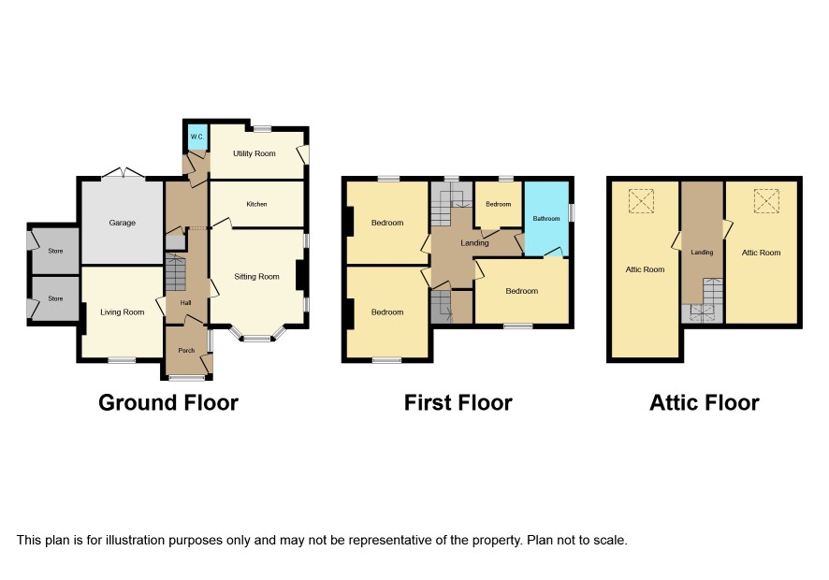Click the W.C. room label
coord(196,137)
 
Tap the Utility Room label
coord(255,153)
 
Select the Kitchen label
coord(257,204)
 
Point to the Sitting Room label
coord(257,277)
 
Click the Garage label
coord(123,224)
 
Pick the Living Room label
coord(123,312)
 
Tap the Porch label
coord(186,351)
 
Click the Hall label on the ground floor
coord(185,303)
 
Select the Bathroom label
coord(546,218)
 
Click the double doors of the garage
coord(123,173)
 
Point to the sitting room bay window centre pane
coord(257,339)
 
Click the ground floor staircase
coord(176,272)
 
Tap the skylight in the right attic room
coord(766,201)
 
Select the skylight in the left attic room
coord(641,201)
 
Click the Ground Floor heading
coord(168,403)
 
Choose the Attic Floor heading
coord(705,403)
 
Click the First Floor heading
coord(458,403)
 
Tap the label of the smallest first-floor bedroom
coord(499,204)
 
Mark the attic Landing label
coord(702,253)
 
